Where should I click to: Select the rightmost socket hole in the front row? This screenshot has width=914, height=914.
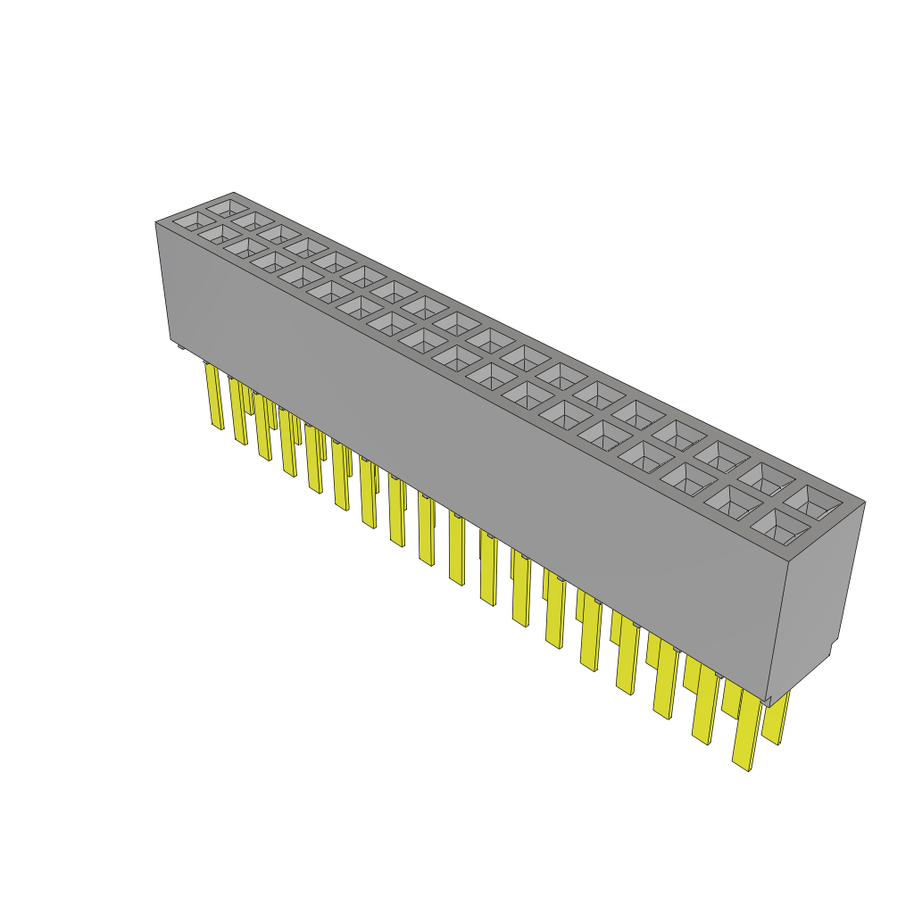pyautogui.click(x=777, y=528)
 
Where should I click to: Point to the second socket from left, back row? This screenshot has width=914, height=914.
pyautogui.click(x=252, y=220)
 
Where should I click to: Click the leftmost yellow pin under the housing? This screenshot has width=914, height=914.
pyautogui.click(x=214, y=397)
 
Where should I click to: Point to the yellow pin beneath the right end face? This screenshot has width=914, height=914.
pyautogui.click(x=776, y=719)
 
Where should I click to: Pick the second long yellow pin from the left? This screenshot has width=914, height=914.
pyautogui.click(x=238, y=412)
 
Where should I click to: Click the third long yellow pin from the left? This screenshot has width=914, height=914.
pyautogui.click(x=262, y=428)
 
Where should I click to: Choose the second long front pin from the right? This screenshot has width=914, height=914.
pyautogui.click(x=704, y=705)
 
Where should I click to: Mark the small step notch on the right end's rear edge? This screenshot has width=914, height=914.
pyautogui.click(x=835, y=647)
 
